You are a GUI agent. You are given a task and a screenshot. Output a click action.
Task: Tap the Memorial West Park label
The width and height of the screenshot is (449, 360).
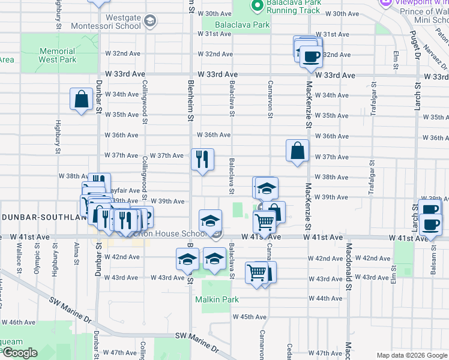pyautogui.click(x=57, y=55)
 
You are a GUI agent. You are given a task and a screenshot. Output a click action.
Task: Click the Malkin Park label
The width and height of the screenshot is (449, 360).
pyautogui.click(x=217, y=299)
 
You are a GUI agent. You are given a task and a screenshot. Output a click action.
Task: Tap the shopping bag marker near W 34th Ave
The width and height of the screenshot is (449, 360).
pyautogui.click(x=81, y=100)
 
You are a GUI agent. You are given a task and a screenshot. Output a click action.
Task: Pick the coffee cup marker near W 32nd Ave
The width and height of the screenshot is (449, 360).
pyautogui.click(x=310, y=57)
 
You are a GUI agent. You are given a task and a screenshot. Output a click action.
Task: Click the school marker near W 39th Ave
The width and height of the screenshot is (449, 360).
pyautogui.click(x=267, y=189)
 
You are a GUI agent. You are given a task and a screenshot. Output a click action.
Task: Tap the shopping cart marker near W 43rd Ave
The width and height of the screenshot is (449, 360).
pyautogui.click(x=257, y=273)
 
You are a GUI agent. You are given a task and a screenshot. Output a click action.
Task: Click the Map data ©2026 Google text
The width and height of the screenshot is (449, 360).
pyautogui.click(x=412, y=355)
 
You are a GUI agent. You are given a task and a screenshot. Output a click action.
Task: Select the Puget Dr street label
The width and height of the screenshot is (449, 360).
pyautogui.click(x=414, y=45)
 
